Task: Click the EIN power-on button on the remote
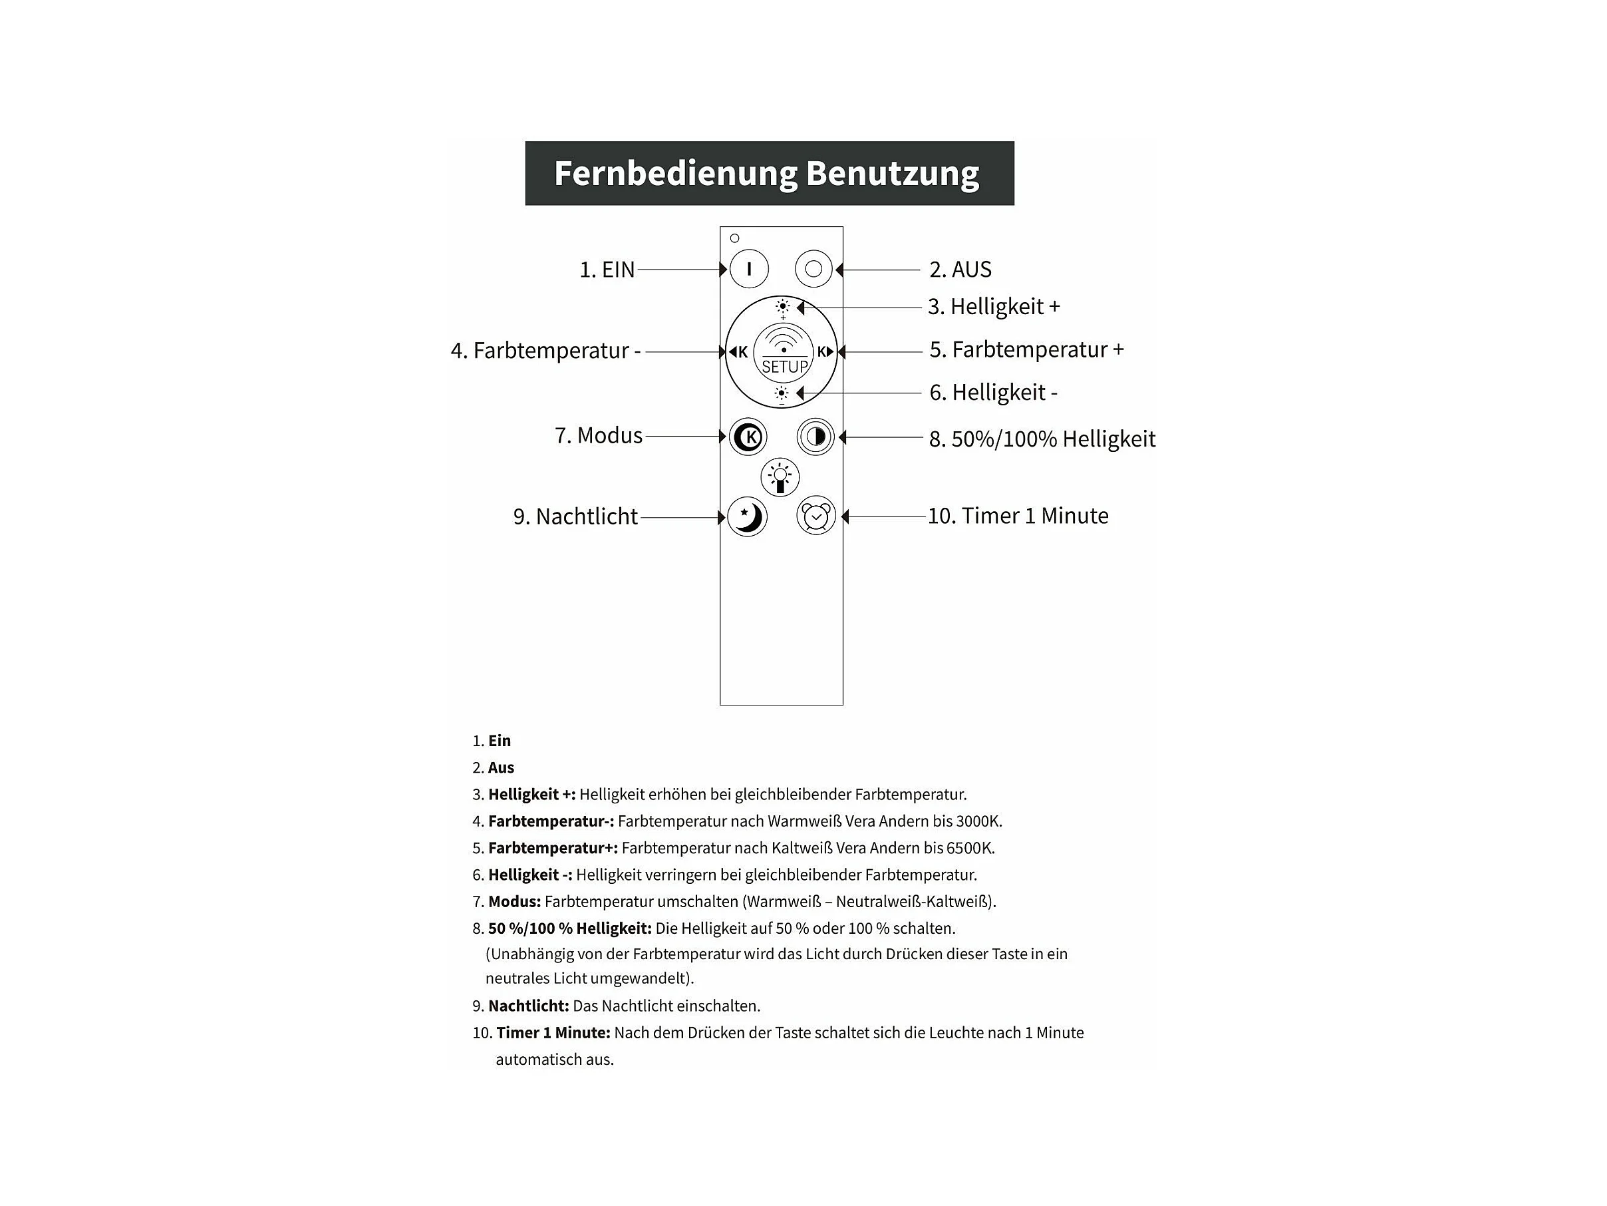click(x=748, y=269)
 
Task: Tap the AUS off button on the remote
click(x=813, y=269)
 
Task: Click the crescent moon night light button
click(x=748, y=517)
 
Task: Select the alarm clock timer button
click(x=816, y=516)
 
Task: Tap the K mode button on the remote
click(x=748, y=437)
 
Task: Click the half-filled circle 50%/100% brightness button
click(x=816, y=437)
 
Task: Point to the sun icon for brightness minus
click(x=782, y=394)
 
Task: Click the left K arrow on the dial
click(x=739, y=353)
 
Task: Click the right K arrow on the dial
click(x=825, y=352)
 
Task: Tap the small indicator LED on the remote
click(x=734, y=238)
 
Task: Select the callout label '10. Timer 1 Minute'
click(x=1018, y=516)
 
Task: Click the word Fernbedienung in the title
click(x=676, y=174)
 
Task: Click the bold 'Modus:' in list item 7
click(x=514, y=902)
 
